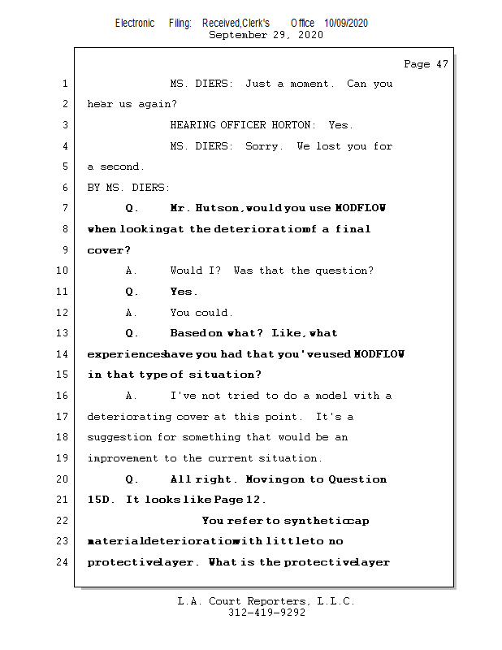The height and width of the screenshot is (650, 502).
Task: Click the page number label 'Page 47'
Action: tap(426, 64)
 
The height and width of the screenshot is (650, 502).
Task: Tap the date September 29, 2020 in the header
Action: tap(266, 35)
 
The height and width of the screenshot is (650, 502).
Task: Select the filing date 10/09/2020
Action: tap(345, 23)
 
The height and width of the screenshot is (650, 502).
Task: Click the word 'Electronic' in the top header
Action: tap(135, 23)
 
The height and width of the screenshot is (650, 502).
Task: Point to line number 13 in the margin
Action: tap(64, 333)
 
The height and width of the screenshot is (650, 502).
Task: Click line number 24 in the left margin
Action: tap(64, 562)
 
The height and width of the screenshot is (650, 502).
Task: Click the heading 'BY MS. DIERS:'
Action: tap(129, 188)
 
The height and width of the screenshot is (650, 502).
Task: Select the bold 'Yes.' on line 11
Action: tap(184, 292)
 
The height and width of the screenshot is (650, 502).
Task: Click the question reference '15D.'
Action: tap(103, 500)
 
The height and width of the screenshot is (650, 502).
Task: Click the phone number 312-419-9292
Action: tap(266, 613)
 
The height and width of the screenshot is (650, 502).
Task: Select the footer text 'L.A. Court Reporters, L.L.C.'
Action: tap(266, 601)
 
